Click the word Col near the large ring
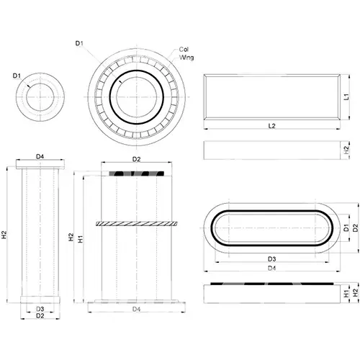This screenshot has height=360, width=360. (x=184, y=50)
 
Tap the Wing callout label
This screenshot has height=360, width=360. (x=186, y=58)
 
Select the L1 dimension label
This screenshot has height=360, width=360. (x=346, y=96)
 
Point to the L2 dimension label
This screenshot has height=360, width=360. (x=271, y=126)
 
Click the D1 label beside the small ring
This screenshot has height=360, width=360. (x=17, y=76)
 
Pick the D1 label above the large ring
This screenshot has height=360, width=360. (x=79, y=43)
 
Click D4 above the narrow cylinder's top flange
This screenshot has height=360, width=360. (x=40, y=157)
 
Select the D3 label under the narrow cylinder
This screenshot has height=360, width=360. (x=40, y=309)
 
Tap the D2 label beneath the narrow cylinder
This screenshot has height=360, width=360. (x=40, y=316)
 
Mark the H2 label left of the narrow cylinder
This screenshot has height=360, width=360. (x=4, y=235)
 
